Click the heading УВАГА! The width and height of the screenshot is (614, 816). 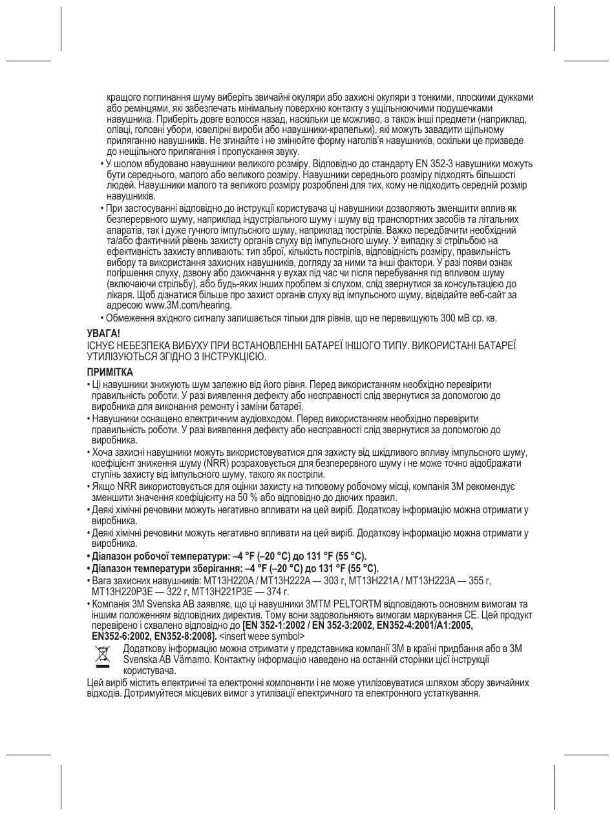(103, 333)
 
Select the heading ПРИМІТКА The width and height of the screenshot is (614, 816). (110, 372)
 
